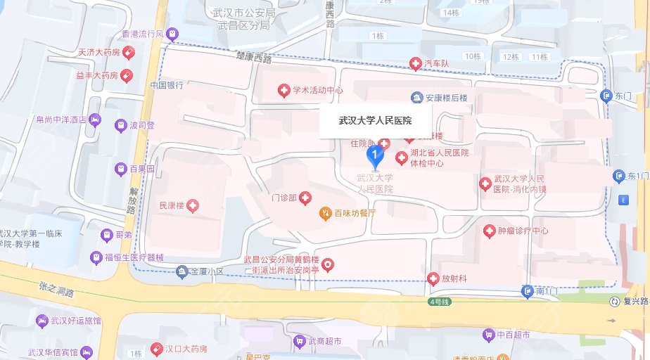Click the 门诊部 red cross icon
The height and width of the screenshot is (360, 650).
click(x=305, y=200)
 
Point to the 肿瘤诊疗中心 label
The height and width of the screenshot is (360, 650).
click(x=523, y=231)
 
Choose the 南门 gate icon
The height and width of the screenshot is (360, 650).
click(x=528, y=290)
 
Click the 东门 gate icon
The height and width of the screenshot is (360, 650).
click(x=606, y=95)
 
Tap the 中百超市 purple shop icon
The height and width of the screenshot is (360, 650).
click(x=488, y=335)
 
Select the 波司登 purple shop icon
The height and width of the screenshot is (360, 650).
click(x=120, y=125)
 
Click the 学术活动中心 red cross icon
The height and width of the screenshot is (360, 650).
click(x=283, y=90)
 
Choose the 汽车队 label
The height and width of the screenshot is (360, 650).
click(x=441, y=64)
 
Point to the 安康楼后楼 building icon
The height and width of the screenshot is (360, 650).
click(x=417, y=97)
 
